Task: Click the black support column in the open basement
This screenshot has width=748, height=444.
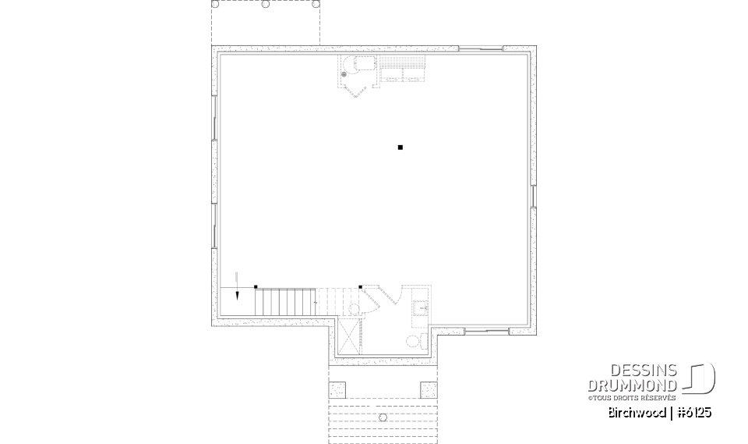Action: tap(400, 147)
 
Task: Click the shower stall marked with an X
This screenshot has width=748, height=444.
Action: tap(350, 336)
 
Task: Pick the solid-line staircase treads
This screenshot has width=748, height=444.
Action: tap(284, 301)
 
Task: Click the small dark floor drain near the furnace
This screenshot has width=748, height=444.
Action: tap(344, 73)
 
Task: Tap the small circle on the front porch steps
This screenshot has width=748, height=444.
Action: tap(382, 417)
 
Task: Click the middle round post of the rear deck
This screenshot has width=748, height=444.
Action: tap(266, 4)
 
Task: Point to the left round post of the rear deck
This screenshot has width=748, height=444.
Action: tap(216, 4)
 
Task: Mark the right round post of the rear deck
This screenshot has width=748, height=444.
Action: tap(316, 4)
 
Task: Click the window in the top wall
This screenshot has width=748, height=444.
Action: tap(480, 49)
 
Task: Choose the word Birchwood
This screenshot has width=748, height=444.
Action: tap(637, 412)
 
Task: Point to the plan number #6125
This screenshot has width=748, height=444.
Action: tap(693, 412)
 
